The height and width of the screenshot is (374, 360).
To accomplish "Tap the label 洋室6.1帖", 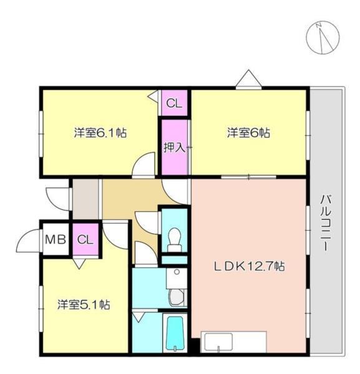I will pyautogui.click(x=100, y=133).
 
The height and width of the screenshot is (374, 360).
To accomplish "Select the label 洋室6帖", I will pyautogui.click(x=248, y=133).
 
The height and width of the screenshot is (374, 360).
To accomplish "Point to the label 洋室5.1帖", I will pyautogui.click(x=84, y=305).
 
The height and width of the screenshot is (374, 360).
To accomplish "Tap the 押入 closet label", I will pyautogui.click(x=174, y=148).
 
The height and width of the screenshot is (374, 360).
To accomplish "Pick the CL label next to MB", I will pyautogui.click(x=85, y=239).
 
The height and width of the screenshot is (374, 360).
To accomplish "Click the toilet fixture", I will pyautogui.click(x=175, y=237).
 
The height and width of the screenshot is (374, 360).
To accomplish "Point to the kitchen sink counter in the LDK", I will pyautogui.click(x=235, y=342).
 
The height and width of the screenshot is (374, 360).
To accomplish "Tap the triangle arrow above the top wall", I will pyautogui.click(x=248, y=80).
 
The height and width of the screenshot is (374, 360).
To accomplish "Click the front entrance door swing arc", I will pyautogui.click(x=57, y=196).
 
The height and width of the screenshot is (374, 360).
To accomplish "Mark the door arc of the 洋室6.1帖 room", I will pyautogui.click(x=144, y=166).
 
